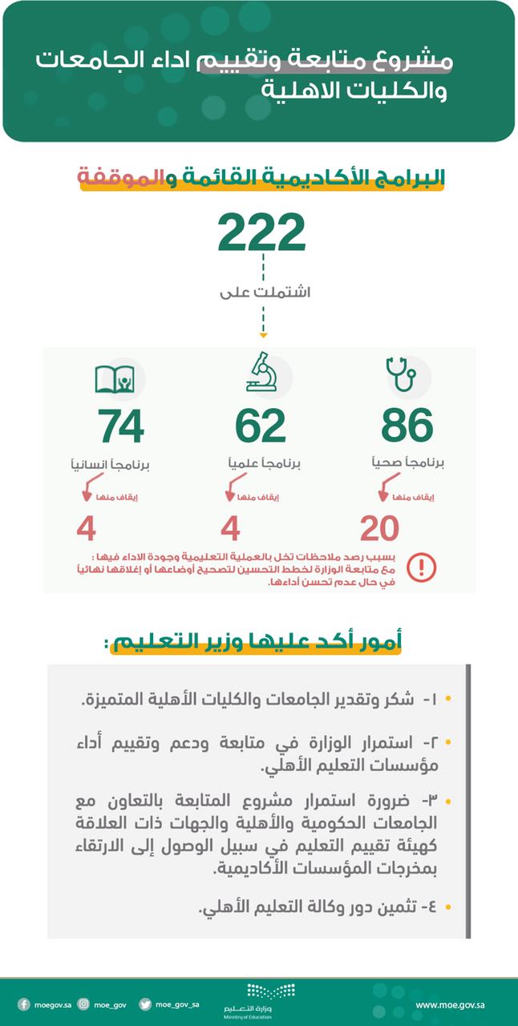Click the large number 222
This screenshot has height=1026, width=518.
[261, 232]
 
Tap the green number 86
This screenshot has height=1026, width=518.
[407, 426]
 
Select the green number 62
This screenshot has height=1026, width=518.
[261, 426]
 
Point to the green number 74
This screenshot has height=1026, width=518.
[121, 426]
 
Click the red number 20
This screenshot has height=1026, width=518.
[379, 529]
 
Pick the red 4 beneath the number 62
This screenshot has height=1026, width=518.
[231, 529]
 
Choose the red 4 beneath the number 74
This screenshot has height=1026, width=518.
[87, 529]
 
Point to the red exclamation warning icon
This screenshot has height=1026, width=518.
[422, 568]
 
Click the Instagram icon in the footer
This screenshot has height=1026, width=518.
[83, 1004]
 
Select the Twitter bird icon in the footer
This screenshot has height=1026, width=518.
[145, 1004]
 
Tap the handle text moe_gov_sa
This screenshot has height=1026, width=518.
[177, 1004]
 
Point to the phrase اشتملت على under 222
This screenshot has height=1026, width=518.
[265, 293]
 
